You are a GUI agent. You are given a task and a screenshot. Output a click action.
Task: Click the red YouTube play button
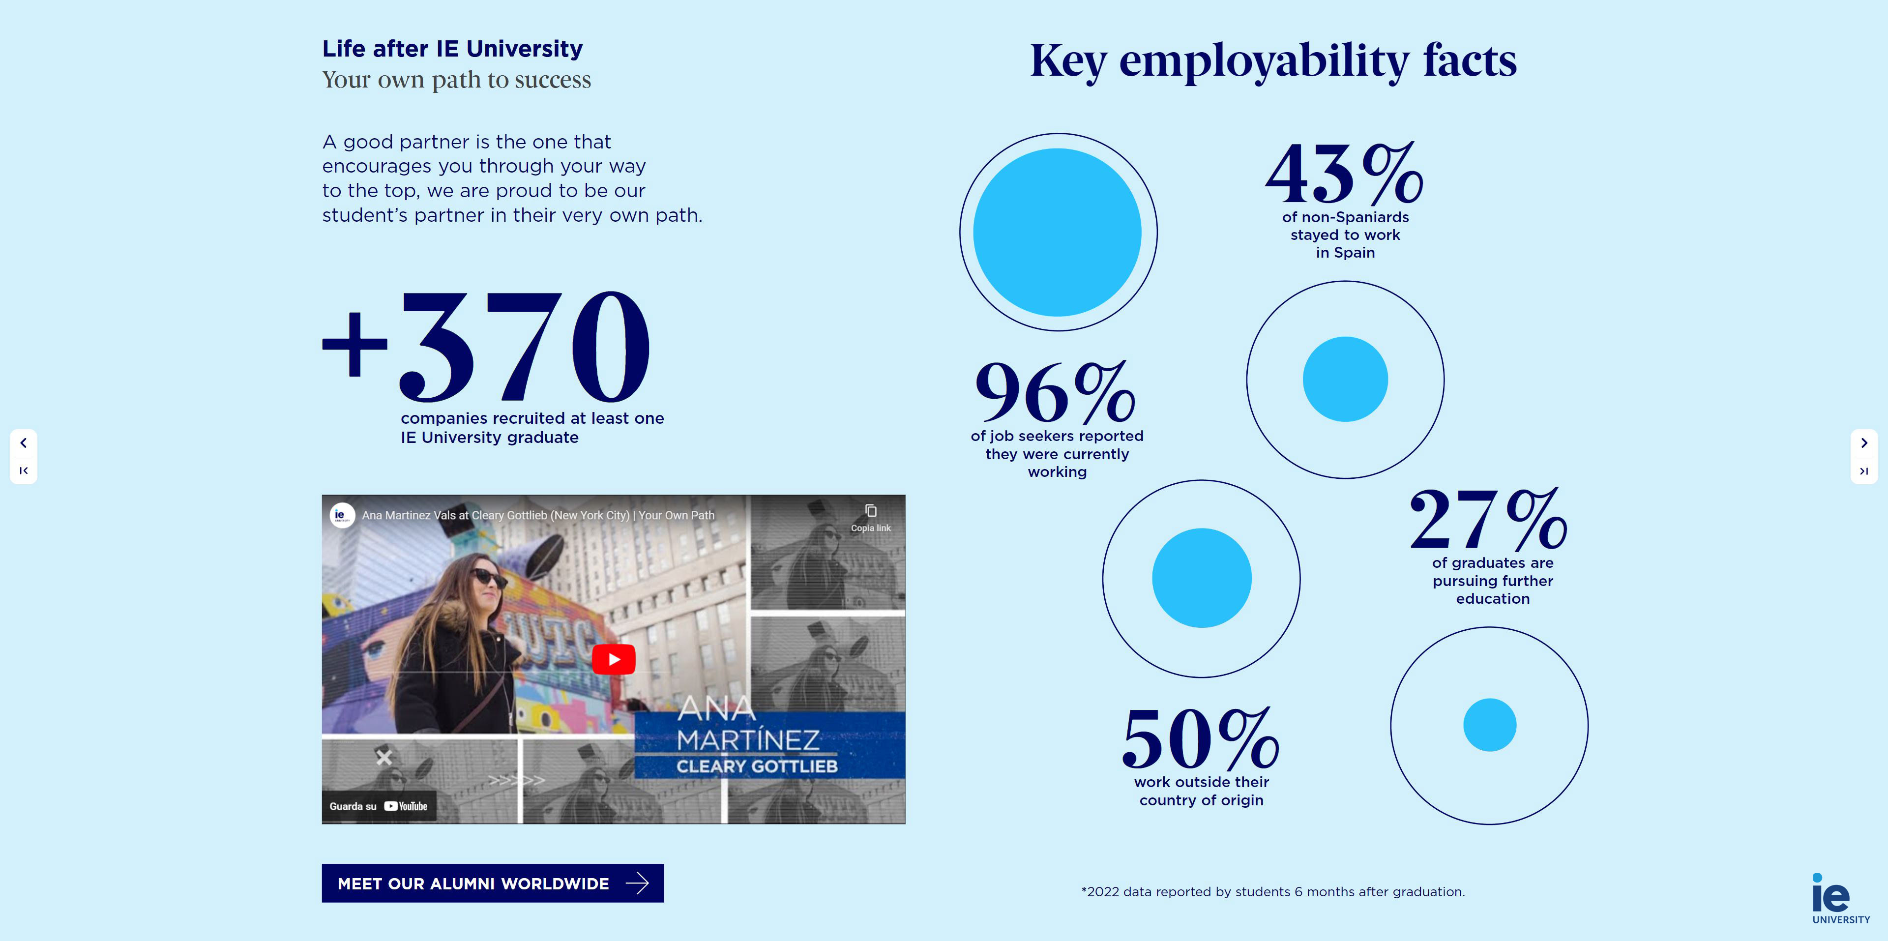click(x=614, y=659)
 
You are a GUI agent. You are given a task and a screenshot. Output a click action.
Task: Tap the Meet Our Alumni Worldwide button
click(x=493, y=883)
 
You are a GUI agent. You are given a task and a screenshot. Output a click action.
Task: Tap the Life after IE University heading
click(x=452, y=48)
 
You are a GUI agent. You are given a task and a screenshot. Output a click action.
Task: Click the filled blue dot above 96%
click(x=1057, y=233)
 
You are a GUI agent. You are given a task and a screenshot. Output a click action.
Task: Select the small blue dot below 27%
click(x=1489, y=725)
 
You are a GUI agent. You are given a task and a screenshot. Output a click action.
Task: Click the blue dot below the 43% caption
click(x=1345, y=379)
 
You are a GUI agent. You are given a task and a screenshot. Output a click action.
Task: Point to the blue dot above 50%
click(x=1201, y=578)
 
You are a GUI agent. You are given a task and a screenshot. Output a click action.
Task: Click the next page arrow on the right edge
click(x=1864, y=442)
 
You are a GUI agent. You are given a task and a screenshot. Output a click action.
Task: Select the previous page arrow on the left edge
click(x=24, y=442)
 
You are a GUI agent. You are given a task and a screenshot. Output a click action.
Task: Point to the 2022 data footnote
click(x=1272, y=892)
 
